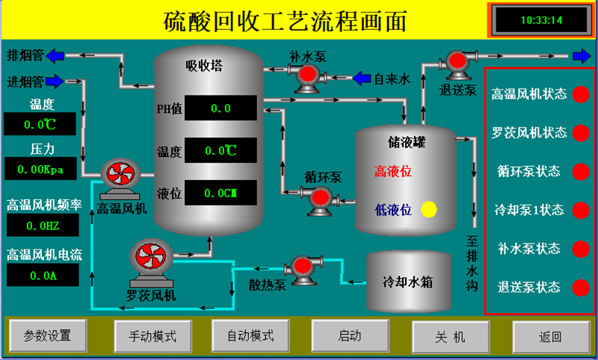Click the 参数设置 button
coord(47,336)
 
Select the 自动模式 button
coord(250,336)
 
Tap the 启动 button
coord(350,336)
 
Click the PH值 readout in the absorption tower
coord(221,108)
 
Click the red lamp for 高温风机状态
coord(581,94)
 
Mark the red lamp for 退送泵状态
coord(581,287)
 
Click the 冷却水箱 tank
coord(410,282)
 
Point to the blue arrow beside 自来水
coord(362,78)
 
